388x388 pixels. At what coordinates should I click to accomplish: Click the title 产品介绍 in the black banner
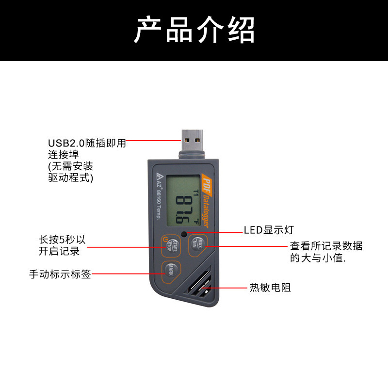194,30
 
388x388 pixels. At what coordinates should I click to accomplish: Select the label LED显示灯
268,230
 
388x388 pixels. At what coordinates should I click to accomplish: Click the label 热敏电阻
270,288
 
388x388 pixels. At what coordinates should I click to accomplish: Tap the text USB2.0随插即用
87,143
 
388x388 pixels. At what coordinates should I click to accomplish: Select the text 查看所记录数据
326,246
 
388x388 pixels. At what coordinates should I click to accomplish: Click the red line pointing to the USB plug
154,141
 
